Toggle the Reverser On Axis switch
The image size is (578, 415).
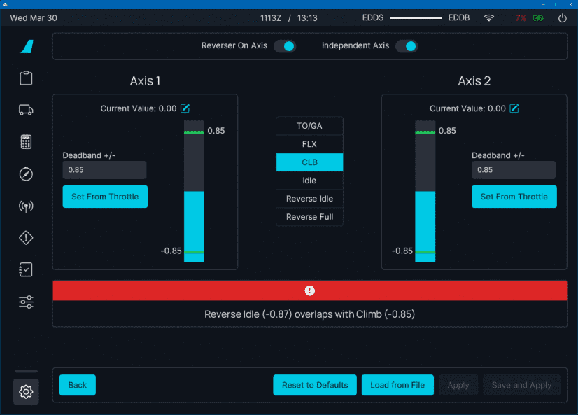pos(285,46)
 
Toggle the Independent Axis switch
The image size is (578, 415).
pos(407,46)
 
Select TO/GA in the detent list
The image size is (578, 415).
pos(309,126)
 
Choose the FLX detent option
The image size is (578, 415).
pos(309,144)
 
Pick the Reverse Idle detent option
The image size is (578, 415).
pos(309,199)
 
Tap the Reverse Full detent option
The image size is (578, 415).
pos(309,217)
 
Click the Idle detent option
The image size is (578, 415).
pos(309,181)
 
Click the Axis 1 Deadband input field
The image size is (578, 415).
pos(104,170)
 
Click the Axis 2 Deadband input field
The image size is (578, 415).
pos(513,170)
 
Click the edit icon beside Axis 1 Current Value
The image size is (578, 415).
pos(185,108)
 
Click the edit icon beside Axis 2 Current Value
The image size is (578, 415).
pos(514,108)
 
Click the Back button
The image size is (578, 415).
pos(78,385)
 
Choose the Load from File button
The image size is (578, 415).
pos(397,385)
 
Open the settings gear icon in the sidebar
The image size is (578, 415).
pos(27,392)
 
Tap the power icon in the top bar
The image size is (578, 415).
pos(563,18)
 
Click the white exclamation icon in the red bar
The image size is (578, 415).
pos(310,290)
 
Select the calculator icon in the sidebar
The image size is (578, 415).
pos(27,142)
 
